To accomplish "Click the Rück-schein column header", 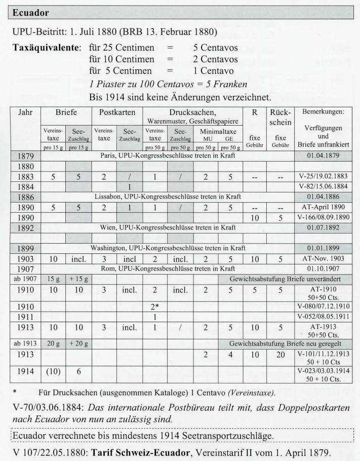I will pos(279,116).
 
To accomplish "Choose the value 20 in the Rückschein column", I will pos(279,354).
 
